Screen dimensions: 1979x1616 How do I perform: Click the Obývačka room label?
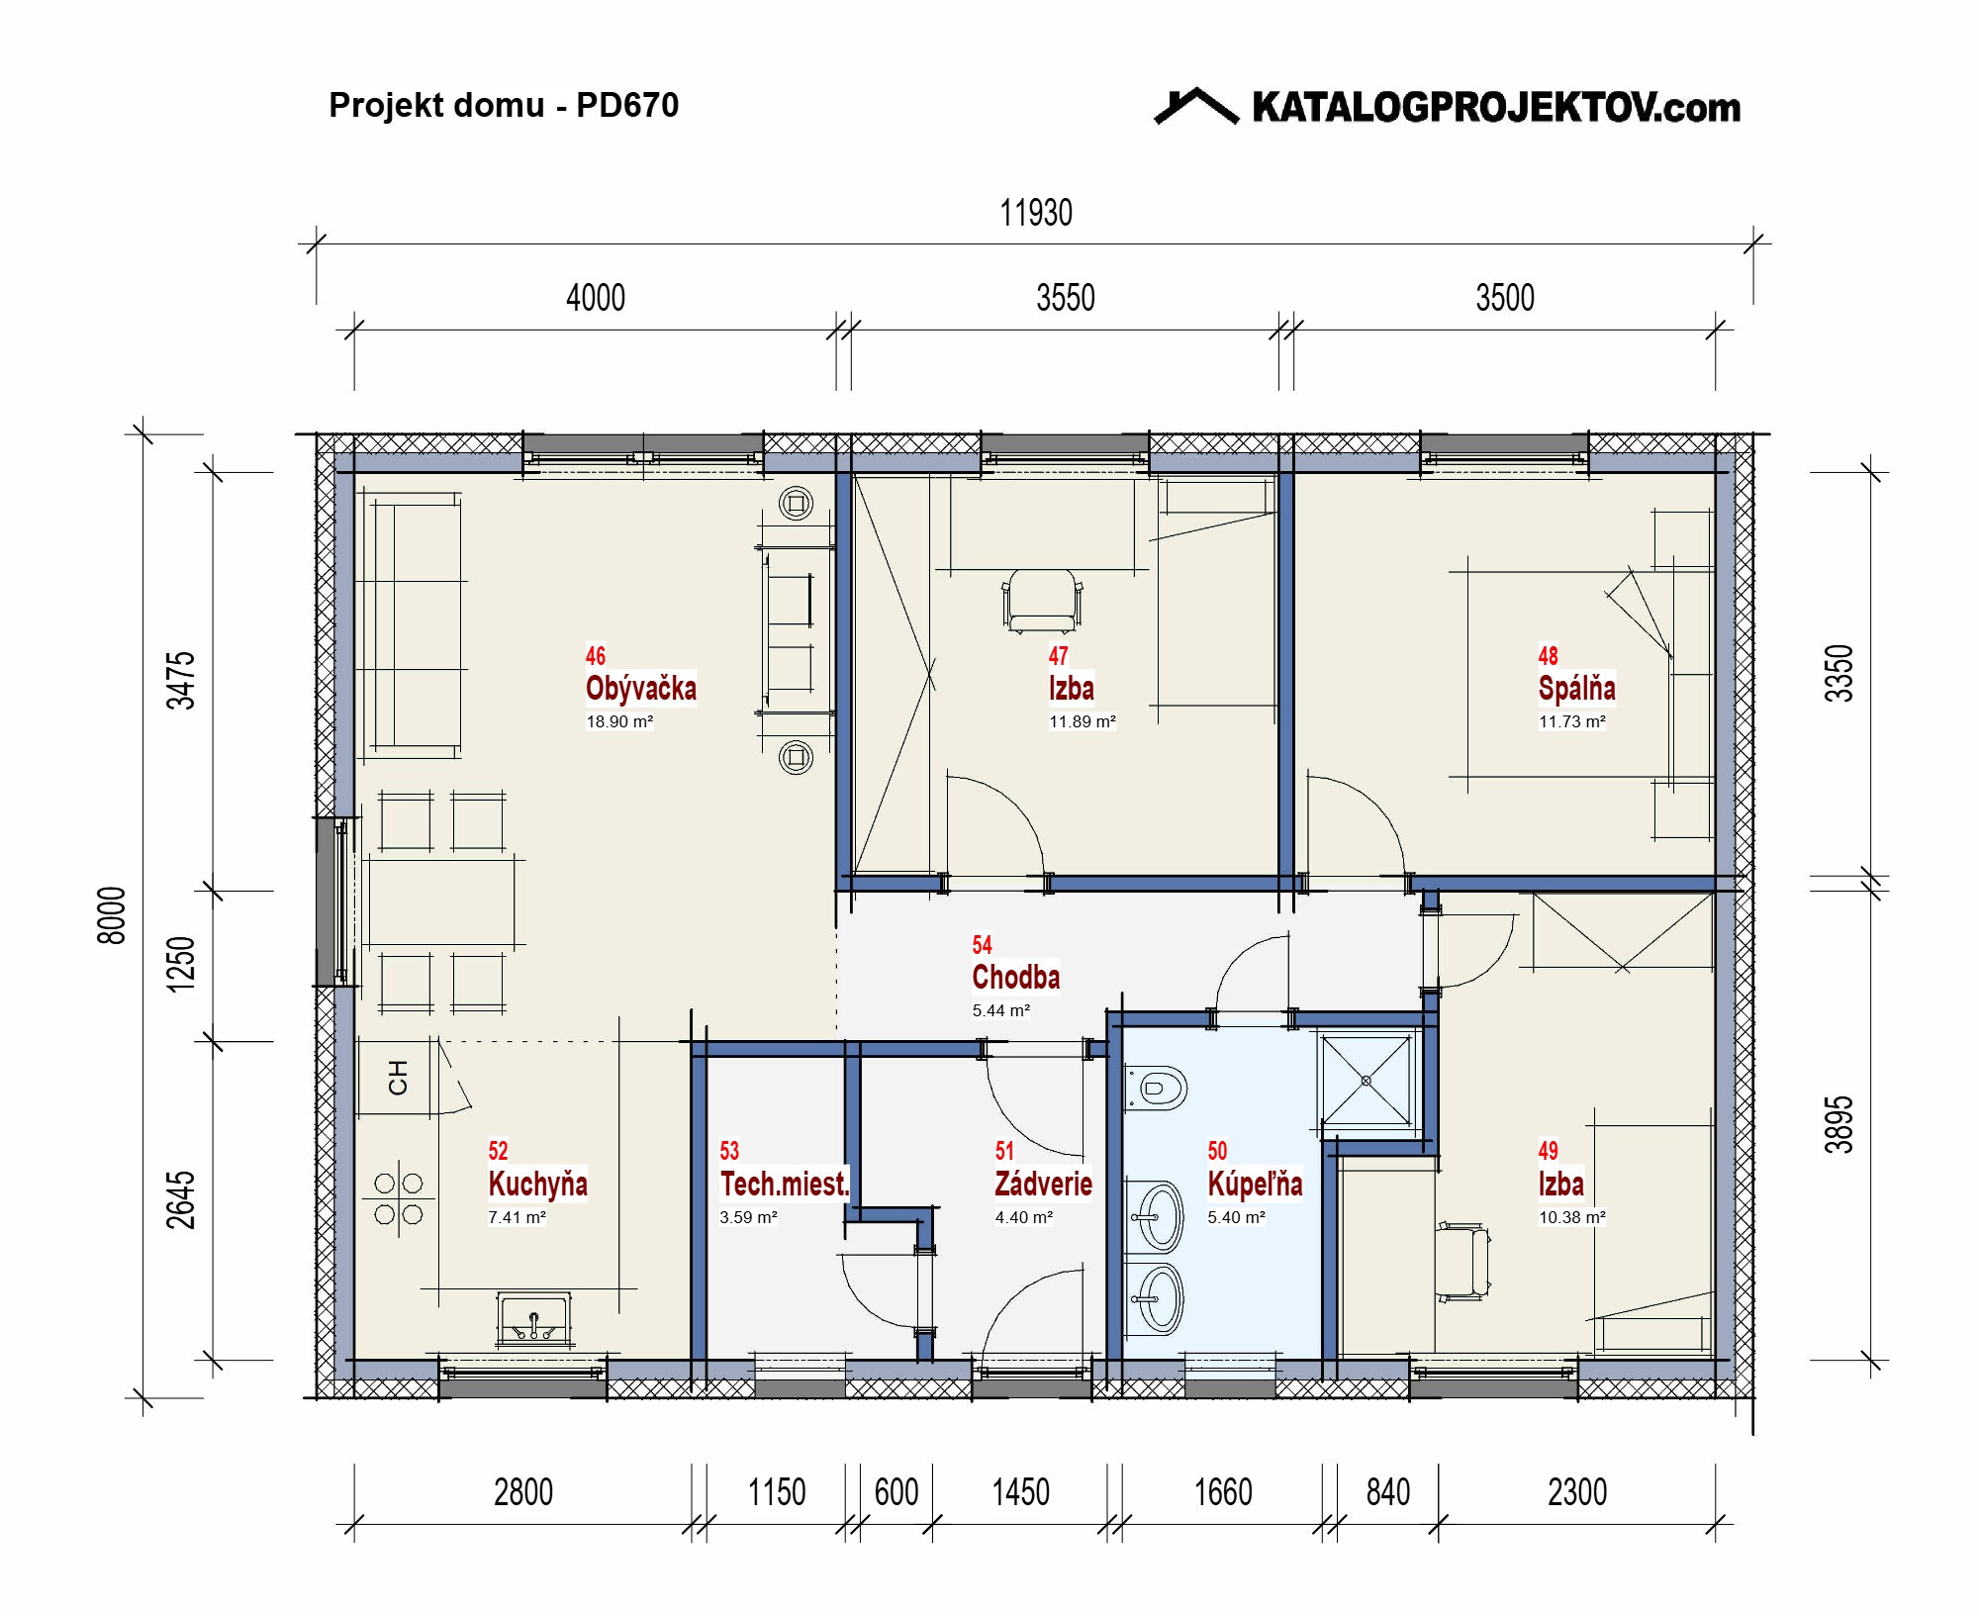(640, 688)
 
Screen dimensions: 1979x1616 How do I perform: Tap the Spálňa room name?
(1576, 688)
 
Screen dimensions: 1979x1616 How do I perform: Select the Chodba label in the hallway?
(1015, 977)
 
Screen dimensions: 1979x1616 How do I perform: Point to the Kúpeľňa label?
(1255, 1184)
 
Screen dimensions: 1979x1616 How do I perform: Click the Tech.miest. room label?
(785, 1184)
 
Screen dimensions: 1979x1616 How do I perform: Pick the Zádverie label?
(1043, 1184)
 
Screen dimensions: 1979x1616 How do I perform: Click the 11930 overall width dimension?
(1036, 213)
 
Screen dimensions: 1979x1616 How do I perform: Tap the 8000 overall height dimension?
(112, 915)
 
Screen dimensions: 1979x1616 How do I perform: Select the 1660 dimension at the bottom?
(1223, 1492)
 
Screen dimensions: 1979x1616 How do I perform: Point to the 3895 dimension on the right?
(1838, 1125)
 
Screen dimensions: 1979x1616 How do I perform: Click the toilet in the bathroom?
(1156, 1089)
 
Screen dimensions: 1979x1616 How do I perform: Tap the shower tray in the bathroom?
(1366, 1081)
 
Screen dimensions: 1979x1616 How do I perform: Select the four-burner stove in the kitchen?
(399, 1198)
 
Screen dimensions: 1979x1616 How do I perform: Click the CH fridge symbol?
(398, 1077)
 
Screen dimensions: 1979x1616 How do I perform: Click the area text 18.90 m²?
(619, 721)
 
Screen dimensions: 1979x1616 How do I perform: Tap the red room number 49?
(1548, 1150)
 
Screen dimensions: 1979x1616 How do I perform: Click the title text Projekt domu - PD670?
(504, 105)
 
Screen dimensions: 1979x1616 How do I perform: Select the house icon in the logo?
(1196, 106)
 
